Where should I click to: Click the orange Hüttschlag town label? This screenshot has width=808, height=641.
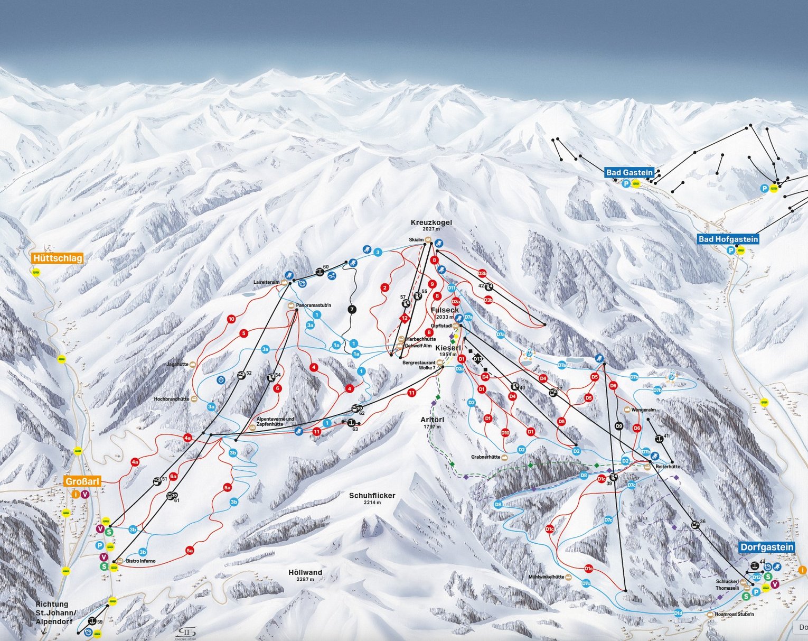point(57,258)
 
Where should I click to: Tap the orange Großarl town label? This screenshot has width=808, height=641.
point(82,481)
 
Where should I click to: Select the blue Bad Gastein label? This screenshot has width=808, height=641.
point(630,172)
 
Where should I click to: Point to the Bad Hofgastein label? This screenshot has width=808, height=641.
point(728,239)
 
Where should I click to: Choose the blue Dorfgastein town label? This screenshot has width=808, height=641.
point(766,547)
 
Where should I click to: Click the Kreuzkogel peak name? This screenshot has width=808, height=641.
point(431,223)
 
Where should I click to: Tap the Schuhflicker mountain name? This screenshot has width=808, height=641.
point(372,496)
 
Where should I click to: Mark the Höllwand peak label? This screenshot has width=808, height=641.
point(305,572)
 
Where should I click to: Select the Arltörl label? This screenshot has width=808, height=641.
point(432,420)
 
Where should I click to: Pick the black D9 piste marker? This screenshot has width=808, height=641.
point(619,426)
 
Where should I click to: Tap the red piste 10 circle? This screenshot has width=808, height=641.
point(231,319)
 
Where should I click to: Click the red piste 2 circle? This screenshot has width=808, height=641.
point(385,287)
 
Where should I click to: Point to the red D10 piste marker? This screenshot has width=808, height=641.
point(505,433)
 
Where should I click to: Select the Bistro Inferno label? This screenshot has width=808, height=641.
point(140,561)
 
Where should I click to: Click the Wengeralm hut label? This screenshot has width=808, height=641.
point(643,410)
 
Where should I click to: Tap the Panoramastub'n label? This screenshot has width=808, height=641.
point(313,305)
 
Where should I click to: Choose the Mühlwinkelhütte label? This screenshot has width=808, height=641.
point(547,577)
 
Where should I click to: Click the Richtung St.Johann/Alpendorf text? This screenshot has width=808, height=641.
point(56,612)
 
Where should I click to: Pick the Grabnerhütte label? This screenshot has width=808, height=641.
point(485,457)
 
